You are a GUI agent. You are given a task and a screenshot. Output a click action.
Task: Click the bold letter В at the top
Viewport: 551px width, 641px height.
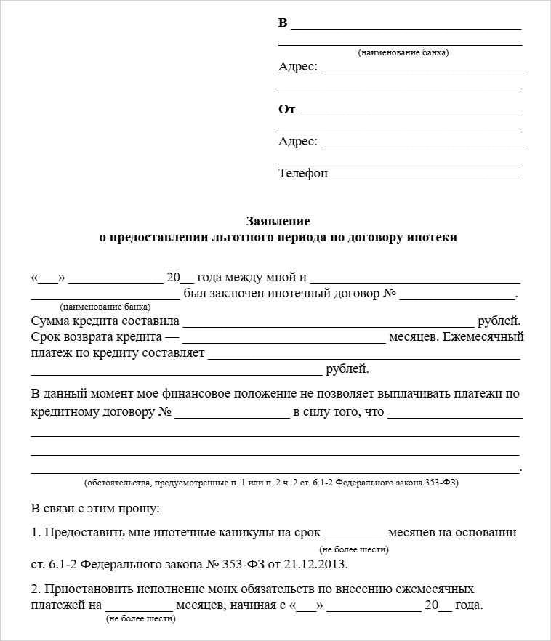(283, 23)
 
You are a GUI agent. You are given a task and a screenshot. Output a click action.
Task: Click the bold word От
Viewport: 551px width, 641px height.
(286, 110)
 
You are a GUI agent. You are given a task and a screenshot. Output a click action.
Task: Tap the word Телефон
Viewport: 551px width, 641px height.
(303, 174)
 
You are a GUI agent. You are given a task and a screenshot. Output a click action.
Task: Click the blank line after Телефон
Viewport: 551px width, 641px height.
(426, 175)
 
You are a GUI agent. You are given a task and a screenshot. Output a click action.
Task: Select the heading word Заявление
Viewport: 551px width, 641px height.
(278, 221)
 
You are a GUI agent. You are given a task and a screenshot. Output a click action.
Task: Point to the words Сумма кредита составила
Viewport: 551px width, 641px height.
(105, 320)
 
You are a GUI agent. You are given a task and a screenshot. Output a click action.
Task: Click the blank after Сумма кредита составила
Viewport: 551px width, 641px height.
(327, 322)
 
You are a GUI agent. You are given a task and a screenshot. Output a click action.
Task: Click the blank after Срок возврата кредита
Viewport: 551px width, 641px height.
(284, 339)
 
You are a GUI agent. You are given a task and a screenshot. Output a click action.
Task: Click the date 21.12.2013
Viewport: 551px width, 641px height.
(315, 564)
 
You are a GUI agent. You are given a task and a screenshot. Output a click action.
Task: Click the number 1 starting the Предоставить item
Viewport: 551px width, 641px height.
(35, 532)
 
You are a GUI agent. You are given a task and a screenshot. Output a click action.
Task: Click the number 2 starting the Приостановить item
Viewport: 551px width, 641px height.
(35, 589)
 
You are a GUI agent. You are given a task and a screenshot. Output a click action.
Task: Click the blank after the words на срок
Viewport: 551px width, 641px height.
(354, 534)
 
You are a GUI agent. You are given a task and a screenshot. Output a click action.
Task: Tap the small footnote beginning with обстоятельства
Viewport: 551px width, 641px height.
(272, 483)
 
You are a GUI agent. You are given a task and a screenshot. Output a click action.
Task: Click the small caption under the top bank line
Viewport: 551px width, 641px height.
(403, 52)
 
